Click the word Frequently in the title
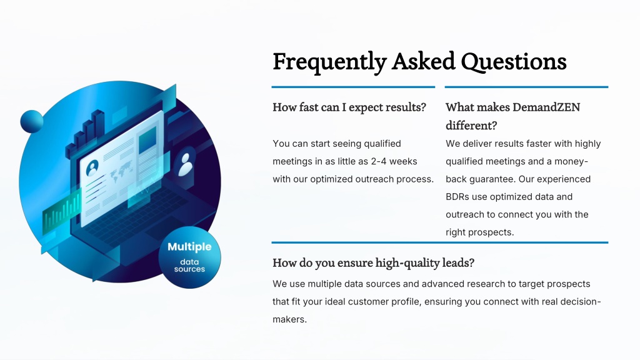click(x=330, y=62)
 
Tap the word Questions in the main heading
click(x=514, y=62)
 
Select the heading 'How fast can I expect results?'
click(x=349, y=107)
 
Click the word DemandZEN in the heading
click(x=546, y=107)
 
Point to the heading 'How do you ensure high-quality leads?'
click(x=374, y=263)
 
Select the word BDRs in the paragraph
click(x=457, y=197)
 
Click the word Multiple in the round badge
click(x=189, y=247)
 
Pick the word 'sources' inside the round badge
click(x=189, y=269)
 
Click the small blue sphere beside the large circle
click(x=32, y=121)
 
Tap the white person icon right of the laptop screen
click(x=186, y=164)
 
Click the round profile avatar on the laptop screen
click(x=92, y=167)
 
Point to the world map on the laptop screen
click(x=121, y=171)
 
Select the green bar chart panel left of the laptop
click(x=62, y=212)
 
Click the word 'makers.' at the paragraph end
click(x=289, y=319)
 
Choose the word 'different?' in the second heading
click(x=471, y=125)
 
